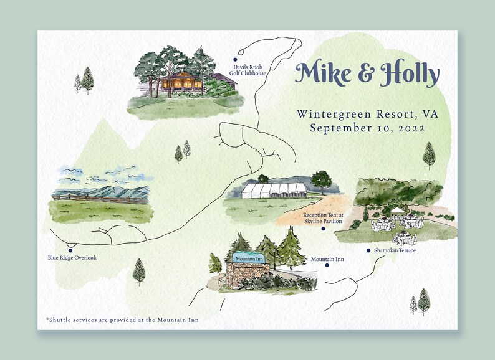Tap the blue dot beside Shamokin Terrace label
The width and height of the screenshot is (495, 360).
368,250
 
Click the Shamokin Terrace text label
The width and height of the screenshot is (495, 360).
395,250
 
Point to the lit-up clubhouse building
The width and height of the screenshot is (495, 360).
181,82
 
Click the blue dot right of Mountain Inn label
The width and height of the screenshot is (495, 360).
327,265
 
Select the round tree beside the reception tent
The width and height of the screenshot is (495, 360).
322,181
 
